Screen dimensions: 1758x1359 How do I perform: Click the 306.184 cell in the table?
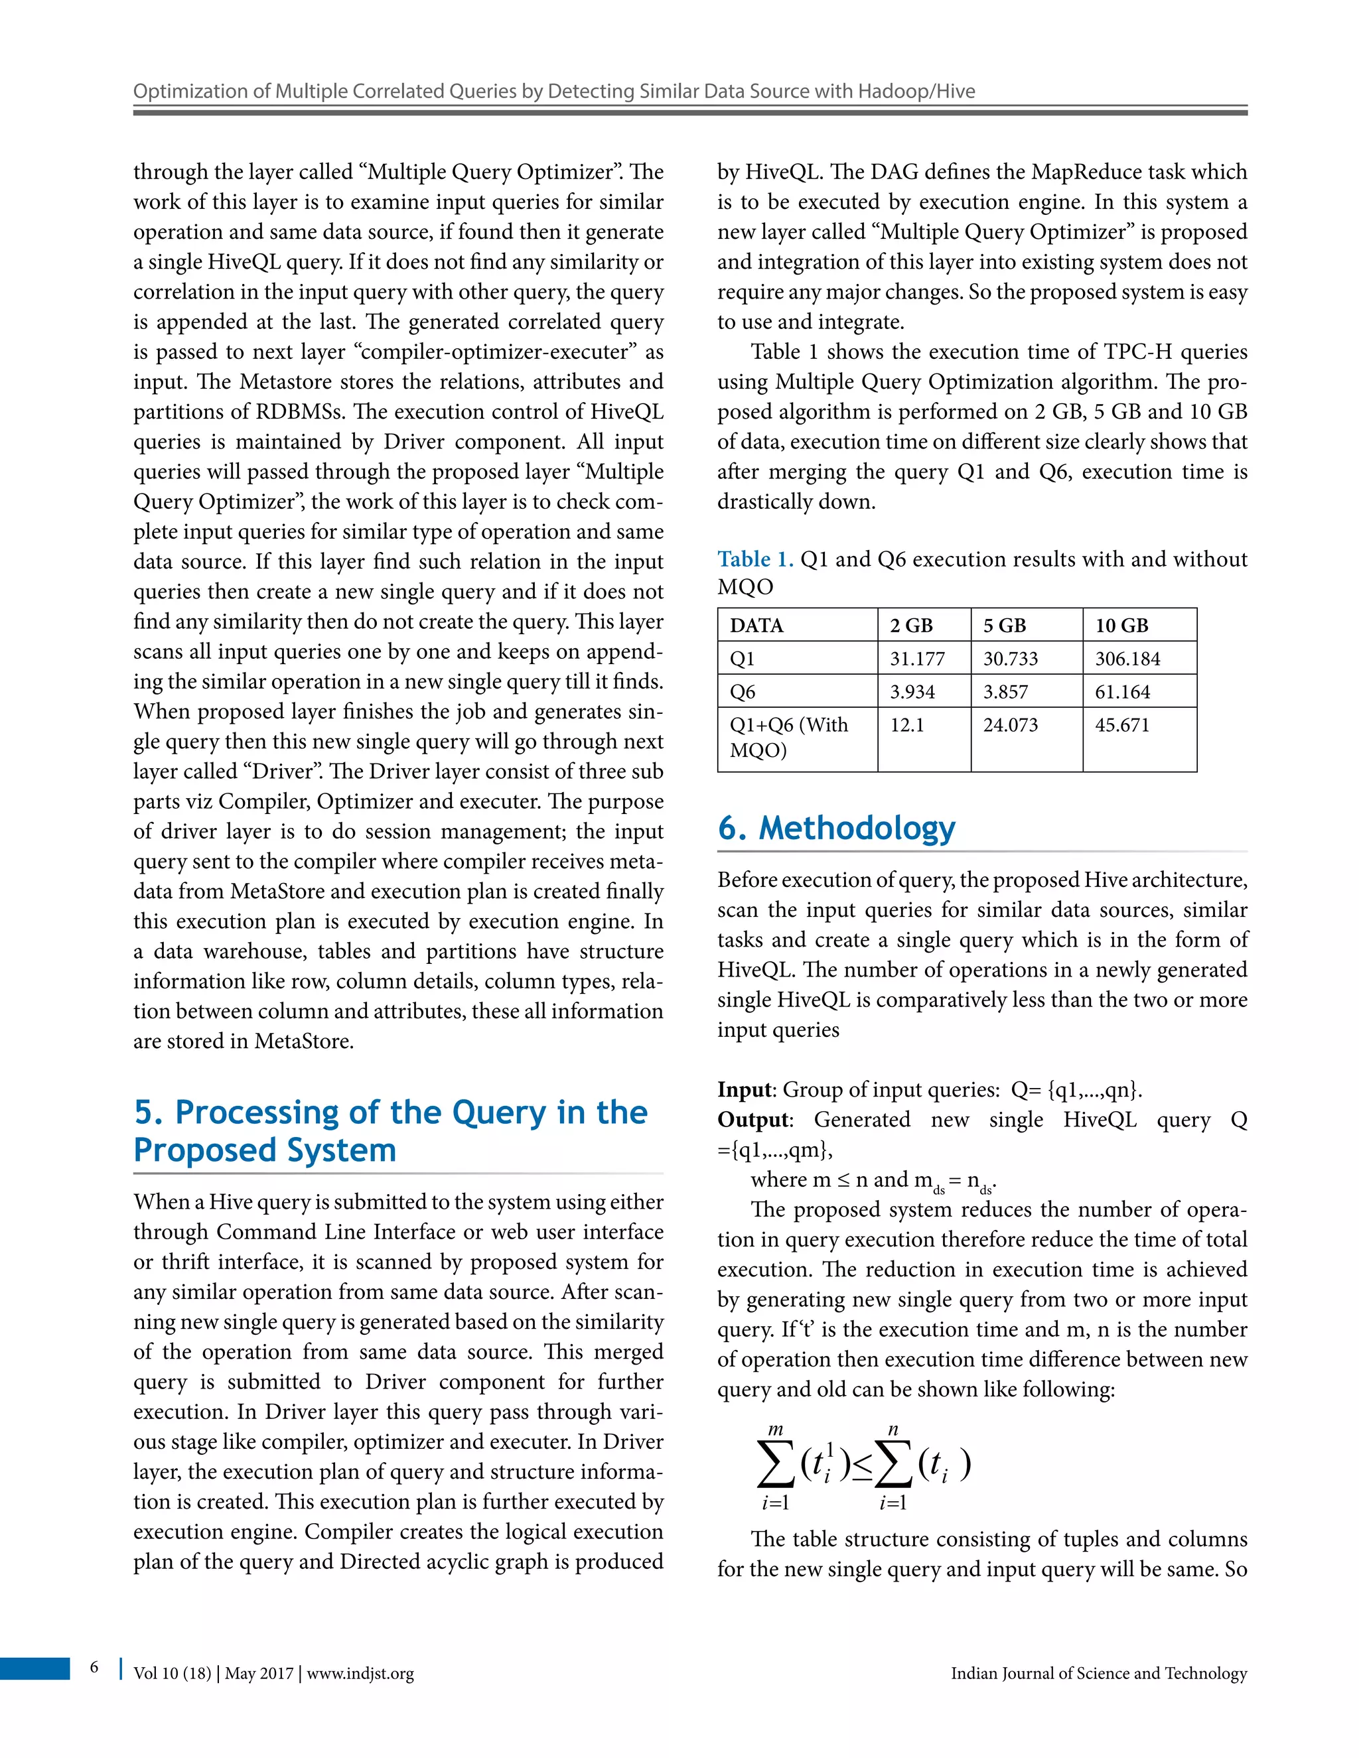(x=1127, y=659)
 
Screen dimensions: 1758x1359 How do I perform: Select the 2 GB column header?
(x=910, y=626)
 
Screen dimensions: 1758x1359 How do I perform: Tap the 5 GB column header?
(x=1004, y=626)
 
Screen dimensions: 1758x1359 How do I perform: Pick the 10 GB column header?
(x=1121, y=626)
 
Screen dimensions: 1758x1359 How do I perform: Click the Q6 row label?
(x=743, y=691)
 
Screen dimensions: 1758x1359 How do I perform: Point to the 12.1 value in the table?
(x=906, y=724)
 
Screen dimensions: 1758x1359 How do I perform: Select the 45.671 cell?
(x=1121, y=724)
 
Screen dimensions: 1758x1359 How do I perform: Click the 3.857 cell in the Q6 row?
(x=1005, y=691)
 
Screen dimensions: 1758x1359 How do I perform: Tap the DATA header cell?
(x=756, y=626)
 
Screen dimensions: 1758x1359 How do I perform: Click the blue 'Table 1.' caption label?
(x=754, y=559)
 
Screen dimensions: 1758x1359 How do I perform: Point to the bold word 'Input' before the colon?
(x=744, y=1089)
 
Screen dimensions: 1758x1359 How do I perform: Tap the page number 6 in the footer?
(x=94, y=1667)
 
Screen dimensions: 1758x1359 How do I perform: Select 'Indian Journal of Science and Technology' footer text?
(x=1098, y=1674)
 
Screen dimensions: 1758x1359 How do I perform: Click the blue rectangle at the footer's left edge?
(x=35, y=1668)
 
